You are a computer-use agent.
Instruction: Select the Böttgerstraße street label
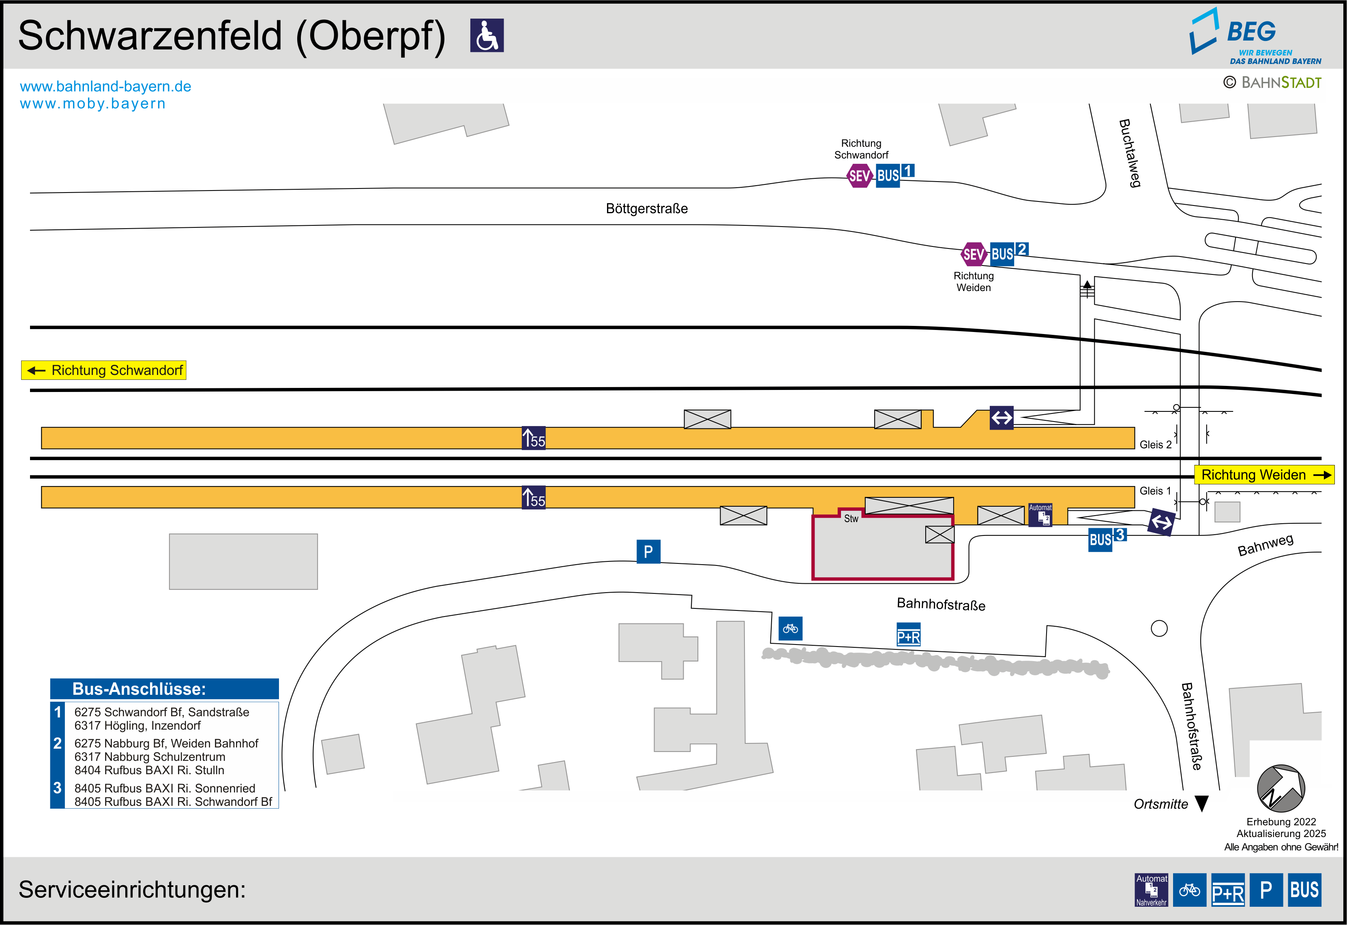[x=647, y=209]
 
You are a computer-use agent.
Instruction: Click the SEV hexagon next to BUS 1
[x=860, y=176]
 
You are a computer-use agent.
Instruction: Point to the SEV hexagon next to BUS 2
[x=974, y=254]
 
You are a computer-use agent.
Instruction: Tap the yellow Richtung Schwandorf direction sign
[x=104, y=370]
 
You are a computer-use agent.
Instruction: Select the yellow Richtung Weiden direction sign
[x=1263, y=475]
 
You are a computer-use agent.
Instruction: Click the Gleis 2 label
[x=1155, y=445]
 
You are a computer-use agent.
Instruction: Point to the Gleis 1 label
[x=1155, y=491]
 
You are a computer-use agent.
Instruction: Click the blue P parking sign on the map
[x=649, y=552]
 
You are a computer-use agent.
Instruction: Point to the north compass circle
[x=1281, y=788]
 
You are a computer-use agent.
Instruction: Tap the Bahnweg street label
[x=1265, y=545]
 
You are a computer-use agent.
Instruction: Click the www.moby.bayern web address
[x=93, y=104]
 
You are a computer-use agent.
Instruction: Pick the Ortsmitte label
[x=1160, y=804]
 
